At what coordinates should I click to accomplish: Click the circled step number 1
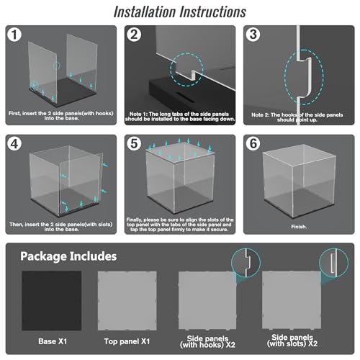(14, 35)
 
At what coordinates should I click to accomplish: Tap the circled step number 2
(134, 35)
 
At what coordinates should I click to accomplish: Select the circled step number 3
(253, 35)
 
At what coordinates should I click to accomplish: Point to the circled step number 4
(14, 144)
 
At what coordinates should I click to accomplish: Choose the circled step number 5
(134, 144)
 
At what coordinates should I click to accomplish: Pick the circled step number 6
(253, 144)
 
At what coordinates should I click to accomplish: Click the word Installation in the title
(145, 12)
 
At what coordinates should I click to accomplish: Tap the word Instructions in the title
(213, 12)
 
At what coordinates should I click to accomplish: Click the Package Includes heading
(68, 256)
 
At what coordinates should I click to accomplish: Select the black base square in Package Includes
(52, 301)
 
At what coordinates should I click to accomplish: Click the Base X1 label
(53, 341)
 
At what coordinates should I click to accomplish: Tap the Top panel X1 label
(127, 341)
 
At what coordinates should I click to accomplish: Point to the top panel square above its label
(127, 301)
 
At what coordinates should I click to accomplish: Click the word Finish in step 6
(299, 227)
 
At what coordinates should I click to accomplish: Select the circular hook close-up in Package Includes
(246, 263)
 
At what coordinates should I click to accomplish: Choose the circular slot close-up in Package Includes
(333, 263)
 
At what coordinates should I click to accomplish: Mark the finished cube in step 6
(299, 181)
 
